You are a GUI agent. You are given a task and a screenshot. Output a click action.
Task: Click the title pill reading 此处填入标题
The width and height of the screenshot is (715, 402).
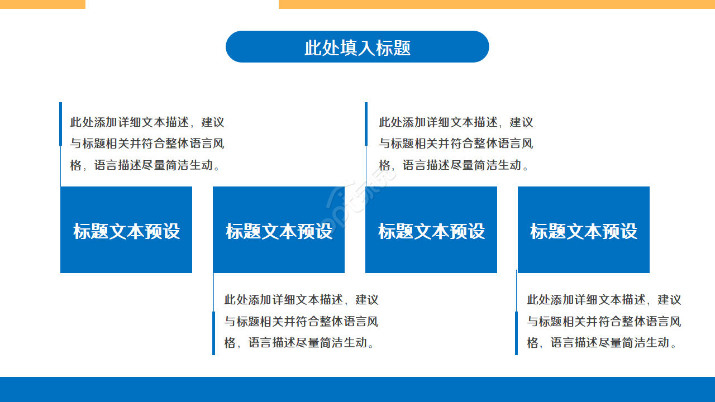(357, 47)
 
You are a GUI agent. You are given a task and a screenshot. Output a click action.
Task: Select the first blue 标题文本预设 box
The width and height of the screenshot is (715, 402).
(126, 230)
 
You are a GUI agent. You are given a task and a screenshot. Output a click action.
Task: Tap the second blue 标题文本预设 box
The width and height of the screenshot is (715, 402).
(279, 230)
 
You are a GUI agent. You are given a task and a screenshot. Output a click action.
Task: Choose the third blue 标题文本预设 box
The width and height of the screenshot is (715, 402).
(431, 230)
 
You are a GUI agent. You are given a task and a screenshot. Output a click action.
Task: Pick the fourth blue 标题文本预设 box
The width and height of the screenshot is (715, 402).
(584, 230)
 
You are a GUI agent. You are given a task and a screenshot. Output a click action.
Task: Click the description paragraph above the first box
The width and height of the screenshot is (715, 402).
(147, 143)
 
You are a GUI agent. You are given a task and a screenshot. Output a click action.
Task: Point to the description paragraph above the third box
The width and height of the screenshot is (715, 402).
(456, 143)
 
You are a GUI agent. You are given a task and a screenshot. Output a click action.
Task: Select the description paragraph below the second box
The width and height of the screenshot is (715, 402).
(301, 321)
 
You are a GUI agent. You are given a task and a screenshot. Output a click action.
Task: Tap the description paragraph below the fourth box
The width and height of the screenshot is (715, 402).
(604, 321)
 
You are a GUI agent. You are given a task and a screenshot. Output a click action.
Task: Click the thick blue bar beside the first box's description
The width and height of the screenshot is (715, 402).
(60, 124)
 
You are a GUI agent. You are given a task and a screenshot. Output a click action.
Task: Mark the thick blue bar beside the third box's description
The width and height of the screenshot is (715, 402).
(366, 124)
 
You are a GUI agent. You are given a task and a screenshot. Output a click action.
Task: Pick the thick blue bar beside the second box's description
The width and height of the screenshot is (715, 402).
(213, 333)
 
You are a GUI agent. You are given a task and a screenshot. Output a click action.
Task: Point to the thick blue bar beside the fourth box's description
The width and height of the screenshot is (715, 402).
(516, 333)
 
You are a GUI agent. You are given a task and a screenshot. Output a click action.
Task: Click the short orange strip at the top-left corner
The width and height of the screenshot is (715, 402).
(42, 4)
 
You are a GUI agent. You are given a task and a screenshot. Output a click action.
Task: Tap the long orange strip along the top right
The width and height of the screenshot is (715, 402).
(497, 4)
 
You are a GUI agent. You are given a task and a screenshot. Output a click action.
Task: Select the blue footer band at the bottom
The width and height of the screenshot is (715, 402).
(357, 389)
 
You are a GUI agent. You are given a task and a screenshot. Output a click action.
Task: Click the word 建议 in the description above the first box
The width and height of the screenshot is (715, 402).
(213, 122)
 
